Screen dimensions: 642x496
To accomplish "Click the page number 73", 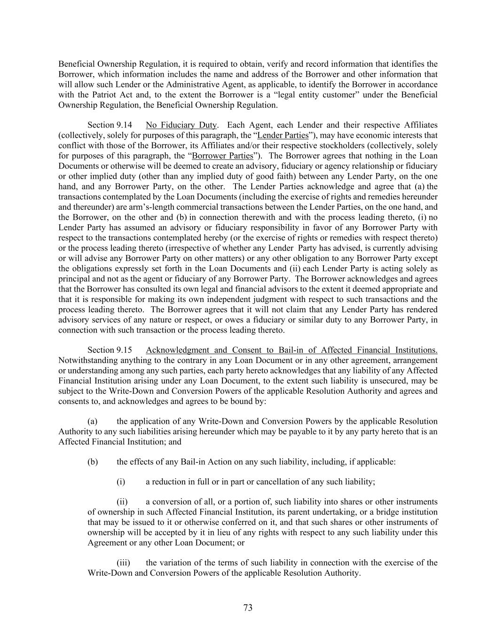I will click(248, 608).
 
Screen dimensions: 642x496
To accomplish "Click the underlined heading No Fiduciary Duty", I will click(181, 125).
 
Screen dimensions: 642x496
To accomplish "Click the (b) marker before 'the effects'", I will click(93, 461).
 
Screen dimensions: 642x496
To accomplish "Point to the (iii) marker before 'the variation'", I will click(123, 563).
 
